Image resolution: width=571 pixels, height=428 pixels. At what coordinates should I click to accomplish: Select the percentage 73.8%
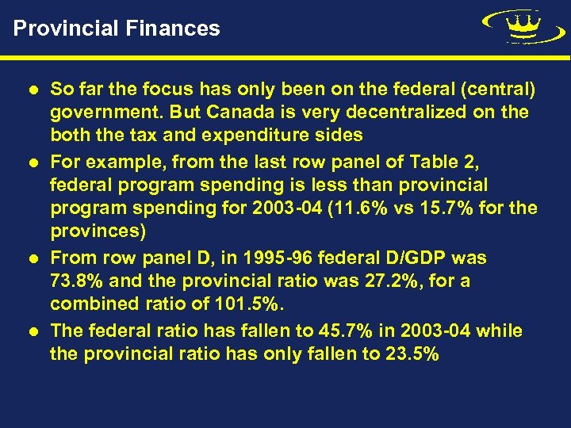point(77,281)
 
